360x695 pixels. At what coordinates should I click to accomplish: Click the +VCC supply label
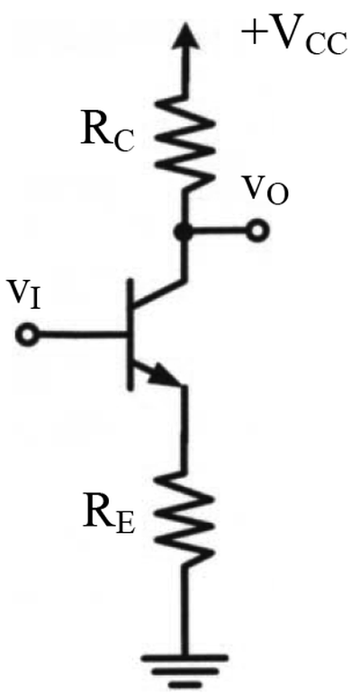pyautogui.click(x=293, y=38)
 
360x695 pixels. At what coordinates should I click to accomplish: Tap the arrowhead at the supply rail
pyautogui.click(x=186, y=38)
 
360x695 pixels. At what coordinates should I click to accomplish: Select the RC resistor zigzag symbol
pyautogui.click(x=185, y=141)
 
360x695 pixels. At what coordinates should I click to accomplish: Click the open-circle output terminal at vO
pyautogui.click(x=257, y=230)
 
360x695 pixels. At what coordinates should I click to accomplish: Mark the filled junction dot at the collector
pyautogui.click(x=182, y=231)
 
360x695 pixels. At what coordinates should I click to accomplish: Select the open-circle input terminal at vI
pyautogui.click(x=27, y=335)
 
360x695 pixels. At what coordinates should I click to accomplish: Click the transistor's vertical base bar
pyautogui.click(x=130, y=335)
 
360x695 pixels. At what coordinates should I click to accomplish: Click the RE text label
pyautogui.click(x=109, y=518)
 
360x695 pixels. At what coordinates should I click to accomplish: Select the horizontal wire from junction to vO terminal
pyautogui.click(x=219, y=230)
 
